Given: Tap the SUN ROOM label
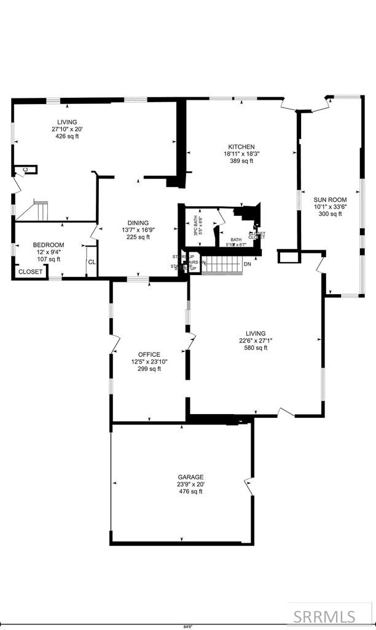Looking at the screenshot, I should [x=330, y=199].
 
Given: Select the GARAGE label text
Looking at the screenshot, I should [x=190, y=477].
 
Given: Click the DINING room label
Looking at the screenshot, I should [x=138, y=223].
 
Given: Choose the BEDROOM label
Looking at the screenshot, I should [x=48, y=245].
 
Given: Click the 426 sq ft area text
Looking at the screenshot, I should [x=67, y=137].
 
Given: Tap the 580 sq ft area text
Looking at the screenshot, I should [x=256, y=348].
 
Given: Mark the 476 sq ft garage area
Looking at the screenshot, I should [x=190, y=492].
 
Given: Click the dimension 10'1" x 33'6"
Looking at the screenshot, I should [x=330, y=207].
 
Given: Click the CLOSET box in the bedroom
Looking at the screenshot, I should [x=30, y=271].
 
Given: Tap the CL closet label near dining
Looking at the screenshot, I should [x=92, y=261].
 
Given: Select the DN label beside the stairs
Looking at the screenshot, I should [x=247, y=265].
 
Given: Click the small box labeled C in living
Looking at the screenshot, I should [x=26, y=169].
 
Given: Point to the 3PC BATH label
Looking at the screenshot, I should [x=196, y=225].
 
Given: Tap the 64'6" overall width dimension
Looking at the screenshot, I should [x=187, y=627].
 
